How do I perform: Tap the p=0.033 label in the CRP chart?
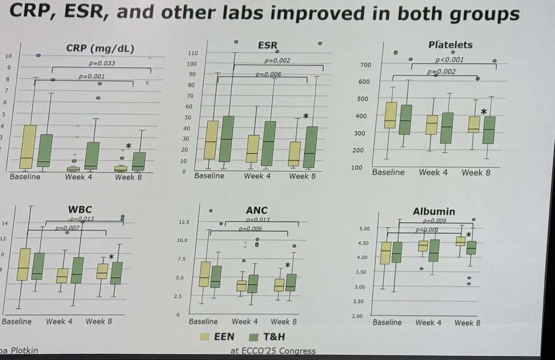102,63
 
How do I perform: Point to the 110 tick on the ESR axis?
193,53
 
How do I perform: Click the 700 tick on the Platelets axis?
364,65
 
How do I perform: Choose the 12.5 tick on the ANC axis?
184,223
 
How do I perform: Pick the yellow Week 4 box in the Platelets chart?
431,125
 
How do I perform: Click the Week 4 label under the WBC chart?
59,321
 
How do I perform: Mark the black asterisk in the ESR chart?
305,117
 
